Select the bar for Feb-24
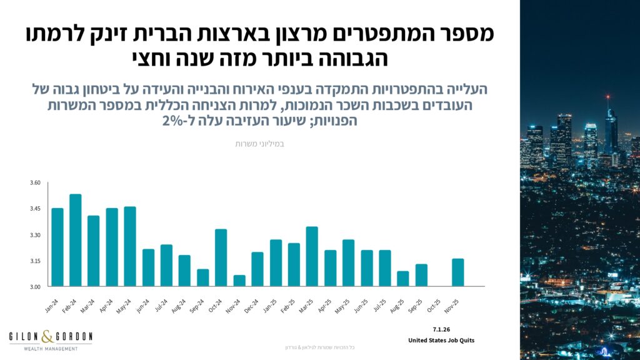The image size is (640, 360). [x=75, y=241]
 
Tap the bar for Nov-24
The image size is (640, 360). [x=239, y=281]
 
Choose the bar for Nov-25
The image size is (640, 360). [x=458, y=272]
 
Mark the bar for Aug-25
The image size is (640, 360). [x=403, y=279]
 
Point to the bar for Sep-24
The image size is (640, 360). [x=202, y=277]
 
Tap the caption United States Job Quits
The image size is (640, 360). [x=441, y=341]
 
